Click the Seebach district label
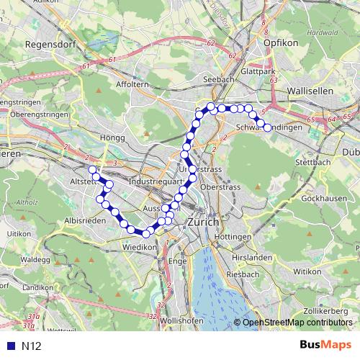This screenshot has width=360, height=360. [x=217, y=78]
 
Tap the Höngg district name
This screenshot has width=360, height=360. [x=114, y=137]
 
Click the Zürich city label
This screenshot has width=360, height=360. [x=202, y=222]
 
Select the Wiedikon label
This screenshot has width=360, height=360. [x=140, y=246]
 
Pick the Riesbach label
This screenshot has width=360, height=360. [x=243, y=274]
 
